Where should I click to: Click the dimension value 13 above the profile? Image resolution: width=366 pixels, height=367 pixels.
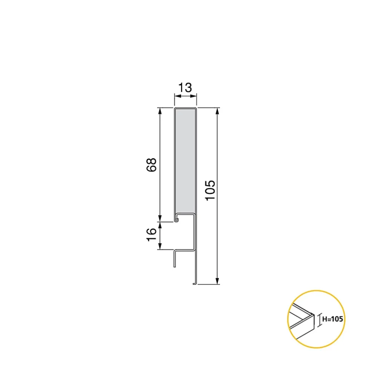coord(185,88)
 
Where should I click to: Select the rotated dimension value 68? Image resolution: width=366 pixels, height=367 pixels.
coord(151,165)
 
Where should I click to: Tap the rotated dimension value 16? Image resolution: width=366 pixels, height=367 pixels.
coord(151,235)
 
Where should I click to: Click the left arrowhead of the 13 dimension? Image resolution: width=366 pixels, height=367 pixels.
coord(176,96)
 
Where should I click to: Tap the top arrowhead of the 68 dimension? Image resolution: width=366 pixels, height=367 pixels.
coord(160,111)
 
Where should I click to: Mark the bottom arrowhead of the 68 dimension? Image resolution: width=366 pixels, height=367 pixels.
coord(160,218)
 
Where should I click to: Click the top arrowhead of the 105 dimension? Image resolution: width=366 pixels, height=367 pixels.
coord(217,111)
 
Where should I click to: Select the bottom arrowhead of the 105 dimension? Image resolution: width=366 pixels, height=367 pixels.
coord(217,281)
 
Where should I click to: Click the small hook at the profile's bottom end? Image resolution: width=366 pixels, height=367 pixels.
coord(194,283)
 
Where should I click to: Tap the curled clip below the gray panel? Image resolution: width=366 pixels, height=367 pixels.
coord(177,219)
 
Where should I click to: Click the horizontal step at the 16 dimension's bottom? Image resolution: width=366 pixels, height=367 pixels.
coord(184,250)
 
